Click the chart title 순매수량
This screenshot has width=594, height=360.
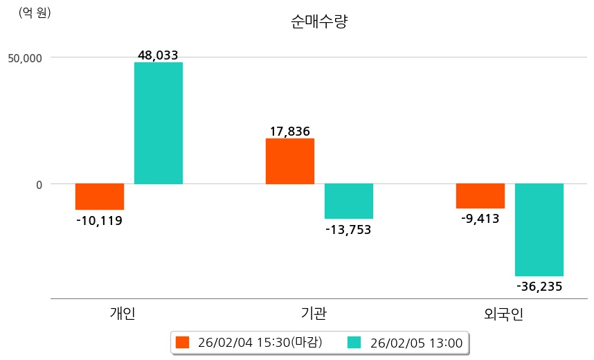tap(319, 21)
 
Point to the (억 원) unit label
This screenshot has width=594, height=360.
tap(35, 12)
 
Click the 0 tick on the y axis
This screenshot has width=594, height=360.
tap(39, 184)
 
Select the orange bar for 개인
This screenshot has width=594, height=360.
tap(100, 197)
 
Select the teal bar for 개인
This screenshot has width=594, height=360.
tap(159, 123)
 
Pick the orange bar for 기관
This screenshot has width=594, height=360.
tap(290, 161)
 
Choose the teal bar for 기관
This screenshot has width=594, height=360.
tap(349, 201)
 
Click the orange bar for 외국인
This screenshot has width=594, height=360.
tap(480, 196)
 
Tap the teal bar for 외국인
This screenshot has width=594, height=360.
tap(539, 230)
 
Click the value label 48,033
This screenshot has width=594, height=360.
tap(159, 55)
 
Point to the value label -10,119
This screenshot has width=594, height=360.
tap(99, 221)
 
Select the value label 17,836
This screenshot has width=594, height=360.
tap(289, 131)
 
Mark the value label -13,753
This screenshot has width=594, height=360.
tap(348, 230)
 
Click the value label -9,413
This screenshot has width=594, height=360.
tap(480, 219)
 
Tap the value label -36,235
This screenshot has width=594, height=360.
tap(539, 287)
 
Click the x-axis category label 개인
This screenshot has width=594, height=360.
tap(123, 314)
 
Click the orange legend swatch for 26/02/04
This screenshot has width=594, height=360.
tap(182, 342)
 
